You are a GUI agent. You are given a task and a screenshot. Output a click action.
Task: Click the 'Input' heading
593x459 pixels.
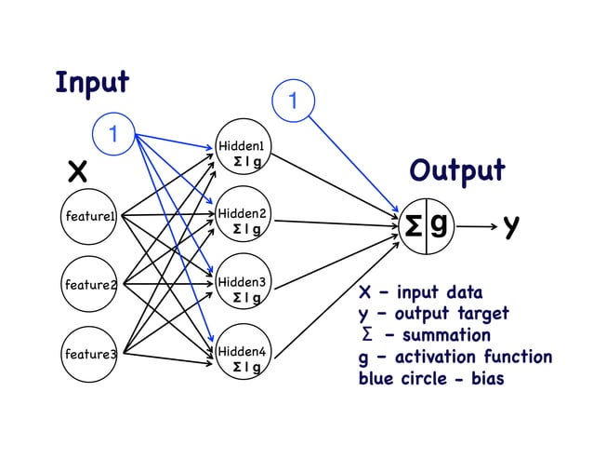coord(91,82)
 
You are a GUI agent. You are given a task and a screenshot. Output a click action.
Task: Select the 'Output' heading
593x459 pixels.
coord(457,171)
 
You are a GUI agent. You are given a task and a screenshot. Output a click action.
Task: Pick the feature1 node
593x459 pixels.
coord(87,217)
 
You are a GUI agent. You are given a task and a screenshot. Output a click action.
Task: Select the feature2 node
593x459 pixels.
coord(87,284)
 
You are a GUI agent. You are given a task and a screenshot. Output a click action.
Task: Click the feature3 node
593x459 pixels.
coord(87,354)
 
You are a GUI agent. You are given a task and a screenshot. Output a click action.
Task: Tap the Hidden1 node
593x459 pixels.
coord(241,153)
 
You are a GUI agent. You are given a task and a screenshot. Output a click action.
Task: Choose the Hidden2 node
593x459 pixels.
coord(242,221)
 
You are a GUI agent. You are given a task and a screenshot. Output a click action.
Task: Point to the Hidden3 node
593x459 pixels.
coord(242,289)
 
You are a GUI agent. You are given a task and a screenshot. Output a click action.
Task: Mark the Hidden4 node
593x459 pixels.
coord(242,358)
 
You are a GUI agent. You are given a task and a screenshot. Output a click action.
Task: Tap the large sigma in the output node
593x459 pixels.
coord(414,225)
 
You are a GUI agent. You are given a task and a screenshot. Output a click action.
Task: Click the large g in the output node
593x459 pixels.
coord(439,224)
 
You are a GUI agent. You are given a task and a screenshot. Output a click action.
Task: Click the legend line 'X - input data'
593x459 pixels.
coord(420,290)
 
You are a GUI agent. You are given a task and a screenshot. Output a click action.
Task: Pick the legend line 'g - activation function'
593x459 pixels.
coord(455,358)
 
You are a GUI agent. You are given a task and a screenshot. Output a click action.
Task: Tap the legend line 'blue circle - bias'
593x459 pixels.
coord(431,380)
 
